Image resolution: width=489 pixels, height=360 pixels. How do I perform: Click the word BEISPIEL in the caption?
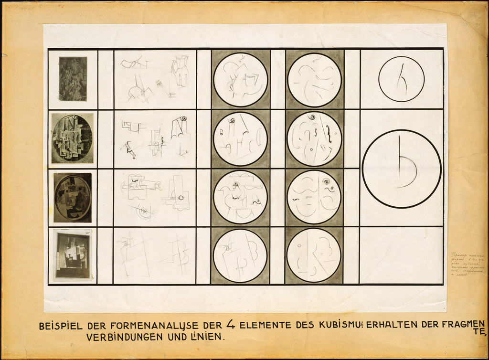coord(61,326)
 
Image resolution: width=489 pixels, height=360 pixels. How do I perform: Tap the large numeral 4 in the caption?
coord(231,325)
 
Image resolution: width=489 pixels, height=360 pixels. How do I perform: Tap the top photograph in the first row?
coord(73,79)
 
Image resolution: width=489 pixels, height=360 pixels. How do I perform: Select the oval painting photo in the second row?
coord(73,138)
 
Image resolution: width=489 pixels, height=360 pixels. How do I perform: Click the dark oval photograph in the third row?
coord(73,198)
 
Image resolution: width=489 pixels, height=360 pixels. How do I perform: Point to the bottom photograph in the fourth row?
coord(73,256)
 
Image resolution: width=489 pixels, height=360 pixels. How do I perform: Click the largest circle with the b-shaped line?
coord(402,169)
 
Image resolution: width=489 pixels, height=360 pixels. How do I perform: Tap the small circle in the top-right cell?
coord(402,79)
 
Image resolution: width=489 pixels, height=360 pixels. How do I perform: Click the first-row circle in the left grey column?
coord(240,79)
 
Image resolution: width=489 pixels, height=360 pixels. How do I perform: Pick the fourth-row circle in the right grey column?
coord(314,255)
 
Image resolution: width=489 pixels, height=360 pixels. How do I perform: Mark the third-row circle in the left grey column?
coord(240,197)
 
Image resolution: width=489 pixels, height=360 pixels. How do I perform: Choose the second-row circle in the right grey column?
coord(314,139)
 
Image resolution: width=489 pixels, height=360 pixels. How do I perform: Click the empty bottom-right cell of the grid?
coord(402,255)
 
